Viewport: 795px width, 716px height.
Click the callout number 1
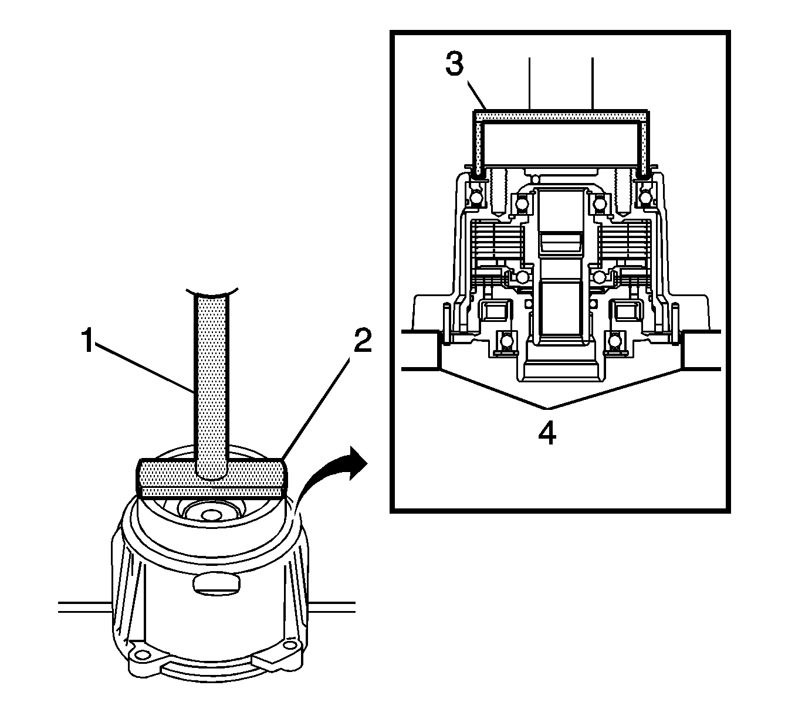pos(86,341)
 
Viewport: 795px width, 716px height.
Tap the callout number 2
pos(362,341)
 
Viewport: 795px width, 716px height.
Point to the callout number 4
pos(547,434)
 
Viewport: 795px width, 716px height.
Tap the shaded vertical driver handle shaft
pos(212,381)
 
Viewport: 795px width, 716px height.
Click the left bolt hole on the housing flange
pos(140,654)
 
